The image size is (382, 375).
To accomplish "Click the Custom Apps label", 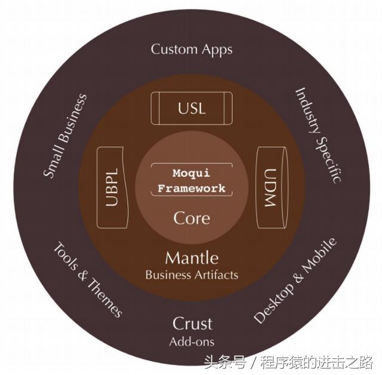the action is point(192,50).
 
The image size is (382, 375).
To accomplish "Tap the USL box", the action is point(192,109).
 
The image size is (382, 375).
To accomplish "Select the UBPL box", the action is point(113,187).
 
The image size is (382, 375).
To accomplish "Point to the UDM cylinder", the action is point(272,187).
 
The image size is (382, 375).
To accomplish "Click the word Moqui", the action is point(191,173).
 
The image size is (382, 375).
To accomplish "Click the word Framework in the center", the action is point(192,188).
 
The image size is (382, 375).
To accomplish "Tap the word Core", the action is point(192,218).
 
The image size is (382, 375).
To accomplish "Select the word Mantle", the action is point(192,259).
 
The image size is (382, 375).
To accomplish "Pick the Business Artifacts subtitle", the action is point(192,275).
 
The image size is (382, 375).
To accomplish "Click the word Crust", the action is point(192,324).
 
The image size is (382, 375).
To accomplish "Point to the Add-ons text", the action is point(192,342).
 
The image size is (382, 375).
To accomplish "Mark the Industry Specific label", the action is point(319,135).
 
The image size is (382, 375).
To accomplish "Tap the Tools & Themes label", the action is point(88,280).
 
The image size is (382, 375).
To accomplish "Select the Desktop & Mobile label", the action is point(295,281).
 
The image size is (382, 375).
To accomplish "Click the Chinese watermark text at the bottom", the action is point(288,362).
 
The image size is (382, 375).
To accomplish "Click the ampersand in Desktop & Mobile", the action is point(298,279).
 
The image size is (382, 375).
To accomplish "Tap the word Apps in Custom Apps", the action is point(217,50).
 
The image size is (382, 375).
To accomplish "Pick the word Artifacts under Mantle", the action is point(216,275).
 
